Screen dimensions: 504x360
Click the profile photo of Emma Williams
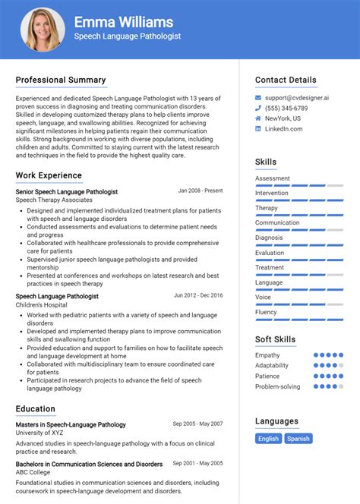[x=43, y=30]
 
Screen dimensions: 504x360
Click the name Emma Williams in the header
[x=123, y=22]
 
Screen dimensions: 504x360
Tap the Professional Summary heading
[x=61, y=80]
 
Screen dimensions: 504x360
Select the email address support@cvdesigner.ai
[x=297, y=98]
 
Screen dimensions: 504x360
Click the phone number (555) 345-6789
[x=286, y=109]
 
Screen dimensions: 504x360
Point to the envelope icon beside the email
[x=258, y=98]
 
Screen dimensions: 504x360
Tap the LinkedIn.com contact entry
[x=284, y=129]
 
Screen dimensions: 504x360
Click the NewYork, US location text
[x=283, y=118]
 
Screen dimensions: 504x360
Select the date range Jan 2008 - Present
[x=201, y=191]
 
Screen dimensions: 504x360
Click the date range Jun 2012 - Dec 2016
[x=198, y=295]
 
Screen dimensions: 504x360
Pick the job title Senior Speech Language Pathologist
[x=67, y=192]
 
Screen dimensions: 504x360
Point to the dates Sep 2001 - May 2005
[x=197, y=464]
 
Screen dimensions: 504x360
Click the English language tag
[x=268, y=438]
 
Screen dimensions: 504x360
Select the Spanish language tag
[x=298, y=438]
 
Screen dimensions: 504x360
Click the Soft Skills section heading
[x=275, y=339]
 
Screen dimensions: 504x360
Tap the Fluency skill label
[x=266, y=312]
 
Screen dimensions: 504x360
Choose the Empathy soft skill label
[x=267, y=354]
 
